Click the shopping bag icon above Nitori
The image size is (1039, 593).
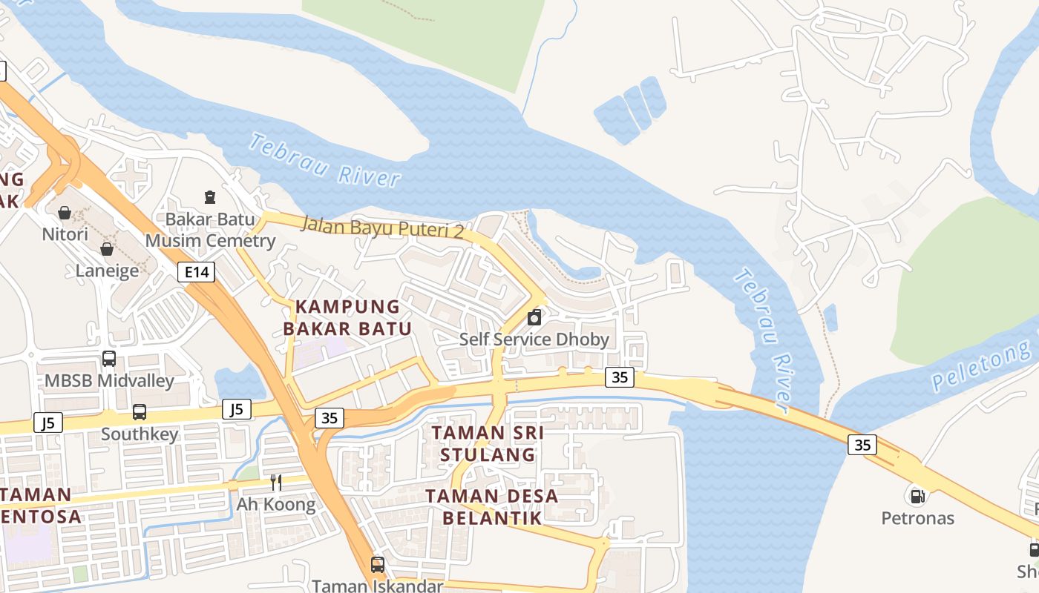[65, 213]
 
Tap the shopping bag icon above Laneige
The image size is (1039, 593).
[107, 249]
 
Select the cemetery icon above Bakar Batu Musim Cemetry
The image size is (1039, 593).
[210, 197]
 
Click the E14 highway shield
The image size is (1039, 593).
[197, 272]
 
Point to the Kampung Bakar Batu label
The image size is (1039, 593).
[347, 317]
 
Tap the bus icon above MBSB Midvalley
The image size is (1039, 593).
[109, 360]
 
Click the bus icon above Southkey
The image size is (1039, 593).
[140, 412]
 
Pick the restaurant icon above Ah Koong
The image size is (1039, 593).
[276, 483]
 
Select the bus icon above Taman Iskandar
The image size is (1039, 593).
[378, 565]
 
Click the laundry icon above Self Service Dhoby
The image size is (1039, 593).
[534, 318]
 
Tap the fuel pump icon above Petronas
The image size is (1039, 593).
[917, 495]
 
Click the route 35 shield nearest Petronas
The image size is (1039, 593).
[862, 445]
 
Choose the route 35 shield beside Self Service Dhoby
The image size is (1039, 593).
[620, 377]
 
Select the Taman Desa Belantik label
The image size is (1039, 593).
[493, 507]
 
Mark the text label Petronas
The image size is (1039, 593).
[917, 517]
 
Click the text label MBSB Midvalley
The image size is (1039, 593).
[109, 381]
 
